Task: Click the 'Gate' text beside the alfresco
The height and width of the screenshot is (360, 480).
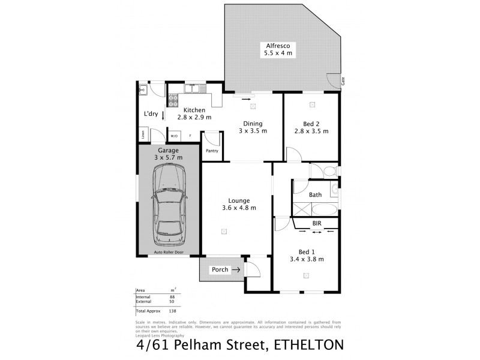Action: tap(343, 80)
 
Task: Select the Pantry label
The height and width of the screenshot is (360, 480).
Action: tap(212, 151)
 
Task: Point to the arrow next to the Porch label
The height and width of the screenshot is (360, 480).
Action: tap(236, 270)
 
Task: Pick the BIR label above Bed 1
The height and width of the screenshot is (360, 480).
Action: tap(316, 223)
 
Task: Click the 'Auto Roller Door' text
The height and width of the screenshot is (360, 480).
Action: tap(169, 253)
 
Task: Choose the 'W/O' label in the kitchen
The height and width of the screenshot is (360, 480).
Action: tap(174, 136)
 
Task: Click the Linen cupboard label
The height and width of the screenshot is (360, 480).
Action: tap(143, 135)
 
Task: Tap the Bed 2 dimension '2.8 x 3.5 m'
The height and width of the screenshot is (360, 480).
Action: tap(311, 131)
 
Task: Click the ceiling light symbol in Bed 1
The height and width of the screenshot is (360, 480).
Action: tap(307, 275)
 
